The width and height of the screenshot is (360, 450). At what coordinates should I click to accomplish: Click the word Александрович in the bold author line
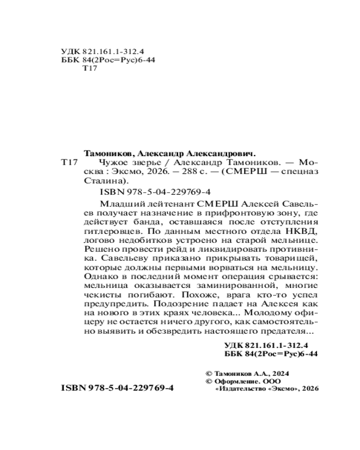(x=223, y=153)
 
